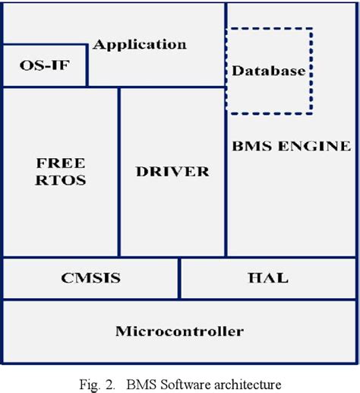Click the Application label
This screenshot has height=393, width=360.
140,45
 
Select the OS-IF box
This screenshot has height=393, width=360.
43,65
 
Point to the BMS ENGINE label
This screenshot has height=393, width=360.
291,146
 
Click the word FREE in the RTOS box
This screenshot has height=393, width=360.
61,163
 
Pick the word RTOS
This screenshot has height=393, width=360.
61,180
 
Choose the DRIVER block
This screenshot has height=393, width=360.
172,172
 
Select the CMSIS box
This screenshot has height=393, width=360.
90,278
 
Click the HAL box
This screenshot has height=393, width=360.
268,278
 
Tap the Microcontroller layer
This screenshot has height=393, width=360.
179,331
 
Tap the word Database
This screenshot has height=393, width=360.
268,71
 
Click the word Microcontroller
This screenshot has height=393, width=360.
179,331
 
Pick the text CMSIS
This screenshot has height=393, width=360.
90,278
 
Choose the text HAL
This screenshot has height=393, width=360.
268,278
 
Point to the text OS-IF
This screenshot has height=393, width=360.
43,65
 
